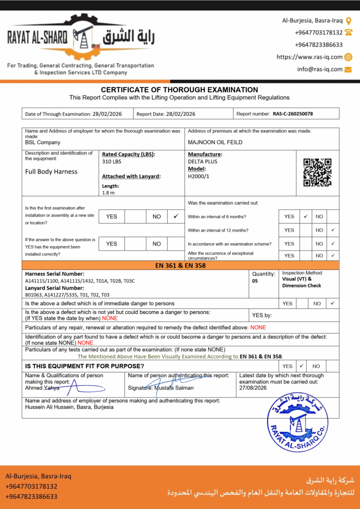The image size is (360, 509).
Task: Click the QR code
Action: pyautogui.click(x=317, y=172)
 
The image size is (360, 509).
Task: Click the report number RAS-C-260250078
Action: pyautogui.click(x=293, y=114)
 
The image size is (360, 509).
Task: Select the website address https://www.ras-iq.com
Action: pyautogui.click(x=309, y=57)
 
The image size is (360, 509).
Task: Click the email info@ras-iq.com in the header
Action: pyautogui.click(x=320, y=69)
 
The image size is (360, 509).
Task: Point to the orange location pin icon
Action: pyautogui.click(x=349, y=21)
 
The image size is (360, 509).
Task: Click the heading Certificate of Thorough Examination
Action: pyautogui.click(x=180, y=89)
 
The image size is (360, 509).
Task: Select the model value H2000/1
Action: pyautogui.click(x=199, y=175)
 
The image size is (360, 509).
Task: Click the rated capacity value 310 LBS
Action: pyautogui.click(x=111, y=162)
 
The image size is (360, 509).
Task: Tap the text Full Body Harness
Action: pyautogui.click(x=51, y=171)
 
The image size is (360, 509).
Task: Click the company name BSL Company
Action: pyautogui.click(x=43, y=142)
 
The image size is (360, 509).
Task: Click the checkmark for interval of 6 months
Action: pyautogui.click(x=306, y=216)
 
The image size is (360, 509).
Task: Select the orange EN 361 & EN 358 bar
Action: pyautogui.click(x=180, y=265)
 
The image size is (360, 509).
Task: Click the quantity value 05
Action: pyautogui.click(x=256, y=281)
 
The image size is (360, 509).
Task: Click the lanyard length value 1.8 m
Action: pyautogui.click(x=108, y=193)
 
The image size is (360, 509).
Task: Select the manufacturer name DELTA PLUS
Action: pyautogui.click(x=202, y=162)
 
